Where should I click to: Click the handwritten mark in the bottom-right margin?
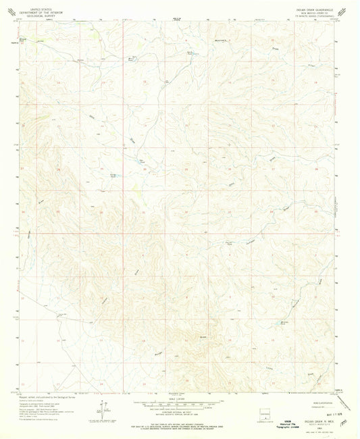[x=345, y=420]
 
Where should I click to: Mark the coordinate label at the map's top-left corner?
[x=18, y=19]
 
